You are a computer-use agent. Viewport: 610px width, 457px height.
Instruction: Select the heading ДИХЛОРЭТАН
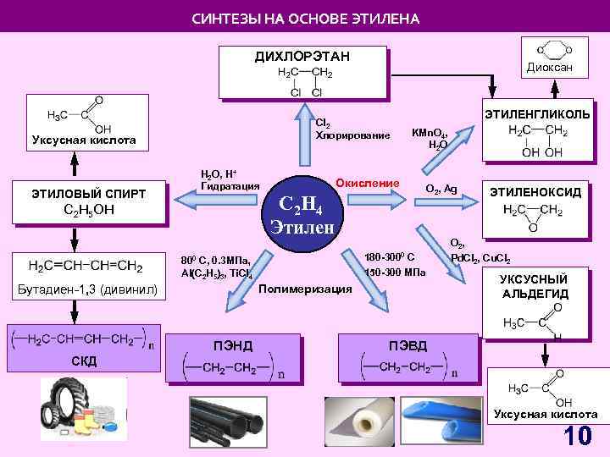tap(303, 57)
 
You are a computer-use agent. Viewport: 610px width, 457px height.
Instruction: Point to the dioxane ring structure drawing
tap(550, 48)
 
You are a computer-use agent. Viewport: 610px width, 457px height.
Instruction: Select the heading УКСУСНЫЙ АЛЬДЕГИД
tap(535, 286)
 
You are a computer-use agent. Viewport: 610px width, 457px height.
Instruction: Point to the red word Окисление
tap(367, 184)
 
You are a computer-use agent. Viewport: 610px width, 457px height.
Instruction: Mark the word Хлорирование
tap(352, 135)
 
